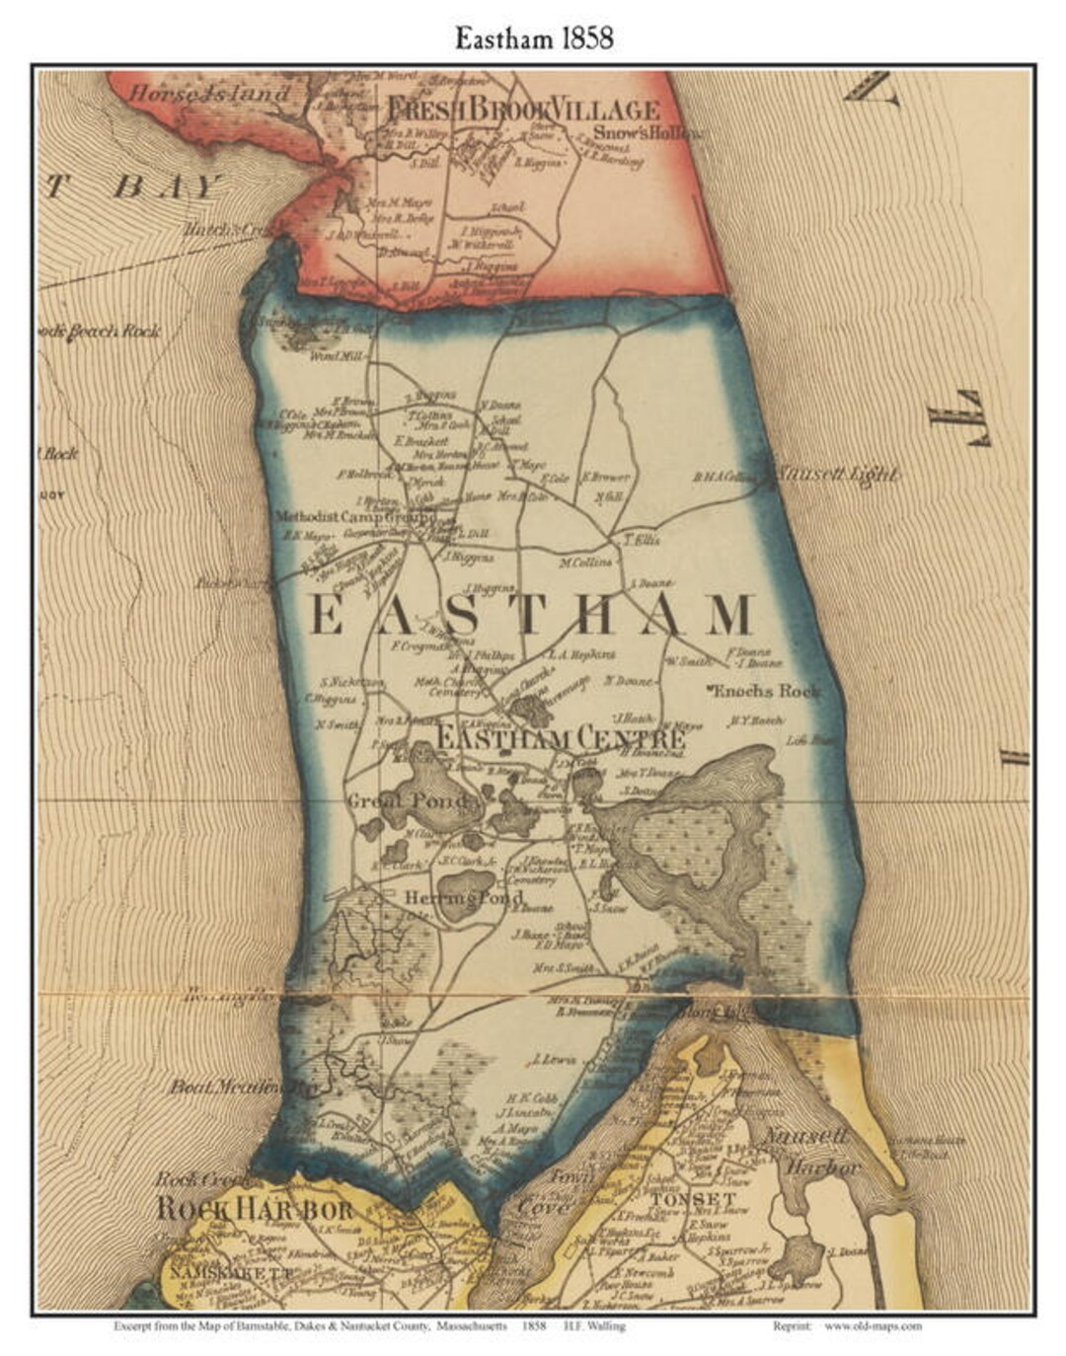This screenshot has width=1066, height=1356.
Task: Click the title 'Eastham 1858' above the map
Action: [533, 38]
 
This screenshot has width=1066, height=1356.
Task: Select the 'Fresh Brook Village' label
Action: [522, 109]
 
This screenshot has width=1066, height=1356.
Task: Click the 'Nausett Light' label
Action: [836, 475]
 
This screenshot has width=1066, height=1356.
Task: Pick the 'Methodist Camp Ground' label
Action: [354, 516]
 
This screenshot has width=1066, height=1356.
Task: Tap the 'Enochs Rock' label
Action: [765, 691]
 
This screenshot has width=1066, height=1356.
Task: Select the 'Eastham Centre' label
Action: [560, 737]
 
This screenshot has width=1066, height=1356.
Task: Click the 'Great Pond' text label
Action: [407, 800]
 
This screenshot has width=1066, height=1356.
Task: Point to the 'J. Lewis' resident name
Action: [552, 1061]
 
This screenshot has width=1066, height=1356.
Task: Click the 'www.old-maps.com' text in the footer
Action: [875, 1326]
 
